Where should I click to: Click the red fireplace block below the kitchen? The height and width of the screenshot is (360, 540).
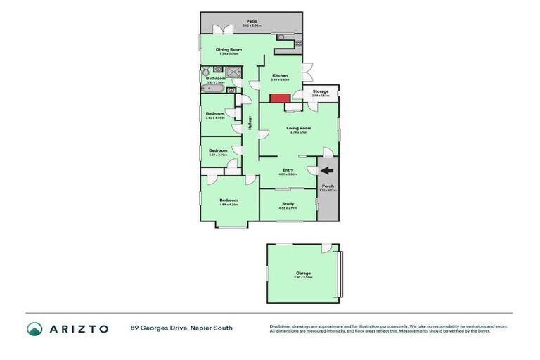point(281,98)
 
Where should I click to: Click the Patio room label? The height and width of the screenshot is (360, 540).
point(251,21)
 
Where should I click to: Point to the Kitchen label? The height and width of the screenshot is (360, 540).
point(280,75)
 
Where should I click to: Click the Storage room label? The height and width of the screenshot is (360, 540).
point(321,91)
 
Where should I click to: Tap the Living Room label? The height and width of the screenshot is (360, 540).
point(298,128)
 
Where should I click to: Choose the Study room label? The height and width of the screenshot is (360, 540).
point(288,204)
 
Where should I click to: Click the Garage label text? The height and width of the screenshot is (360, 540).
point(303,273)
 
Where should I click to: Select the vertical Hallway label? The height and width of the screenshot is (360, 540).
point(250,122)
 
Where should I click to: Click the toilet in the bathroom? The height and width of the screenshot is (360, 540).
point(206,72)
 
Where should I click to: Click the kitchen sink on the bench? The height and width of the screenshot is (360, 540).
point(281,37)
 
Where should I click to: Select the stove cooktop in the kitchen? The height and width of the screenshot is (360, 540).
point(298,44)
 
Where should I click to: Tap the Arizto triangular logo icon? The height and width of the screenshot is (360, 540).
point(34,328)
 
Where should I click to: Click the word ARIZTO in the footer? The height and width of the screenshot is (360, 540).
point(78,328)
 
